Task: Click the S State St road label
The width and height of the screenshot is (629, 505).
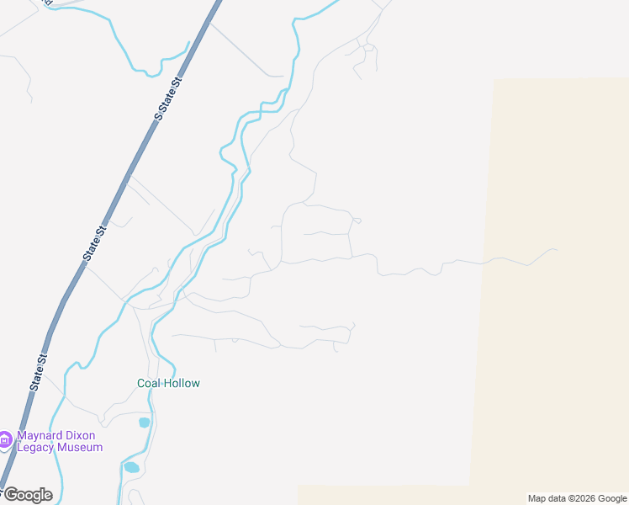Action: (x=168, y=100)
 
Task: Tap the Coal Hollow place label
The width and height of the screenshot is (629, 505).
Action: (x=169, y=383)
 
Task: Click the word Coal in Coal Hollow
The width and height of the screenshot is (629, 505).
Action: (x=149, y=383)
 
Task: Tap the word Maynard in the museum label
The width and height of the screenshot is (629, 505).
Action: (x=39, y=436)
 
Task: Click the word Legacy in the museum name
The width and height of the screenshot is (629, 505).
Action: (x=36, y=448)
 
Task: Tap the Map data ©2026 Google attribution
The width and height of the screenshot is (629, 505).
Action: (x=578, y=498)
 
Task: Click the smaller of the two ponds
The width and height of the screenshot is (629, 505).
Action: (x=144, y=423)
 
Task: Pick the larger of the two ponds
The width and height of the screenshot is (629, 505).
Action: (x=131, y=467)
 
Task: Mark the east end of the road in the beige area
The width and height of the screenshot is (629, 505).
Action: (x=555, y=249)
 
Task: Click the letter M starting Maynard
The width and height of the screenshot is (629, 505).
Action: (x=22, y=436)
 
